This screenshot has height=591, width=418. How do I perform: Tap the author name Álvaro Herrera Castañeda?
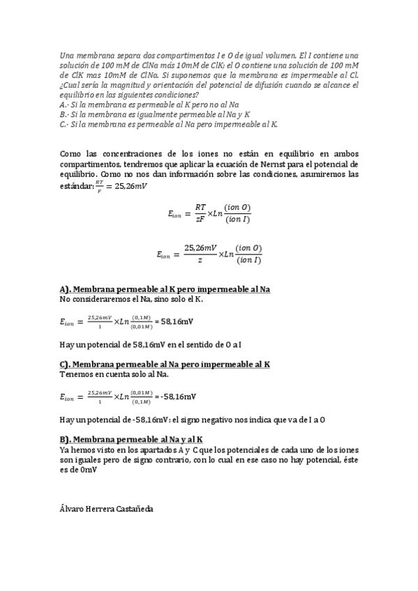coord(106,509)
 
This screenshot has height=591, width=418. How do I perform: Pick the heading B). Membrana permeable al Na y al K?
coord(131,439)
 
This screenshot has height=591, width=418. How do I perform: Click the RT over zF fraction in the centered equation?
coord(200,213)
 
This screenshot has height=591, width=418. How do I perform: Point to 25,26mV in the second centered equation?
coord(199,248)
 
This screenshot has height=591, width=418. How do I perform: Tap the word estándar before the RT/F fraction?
coord(75,186)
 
